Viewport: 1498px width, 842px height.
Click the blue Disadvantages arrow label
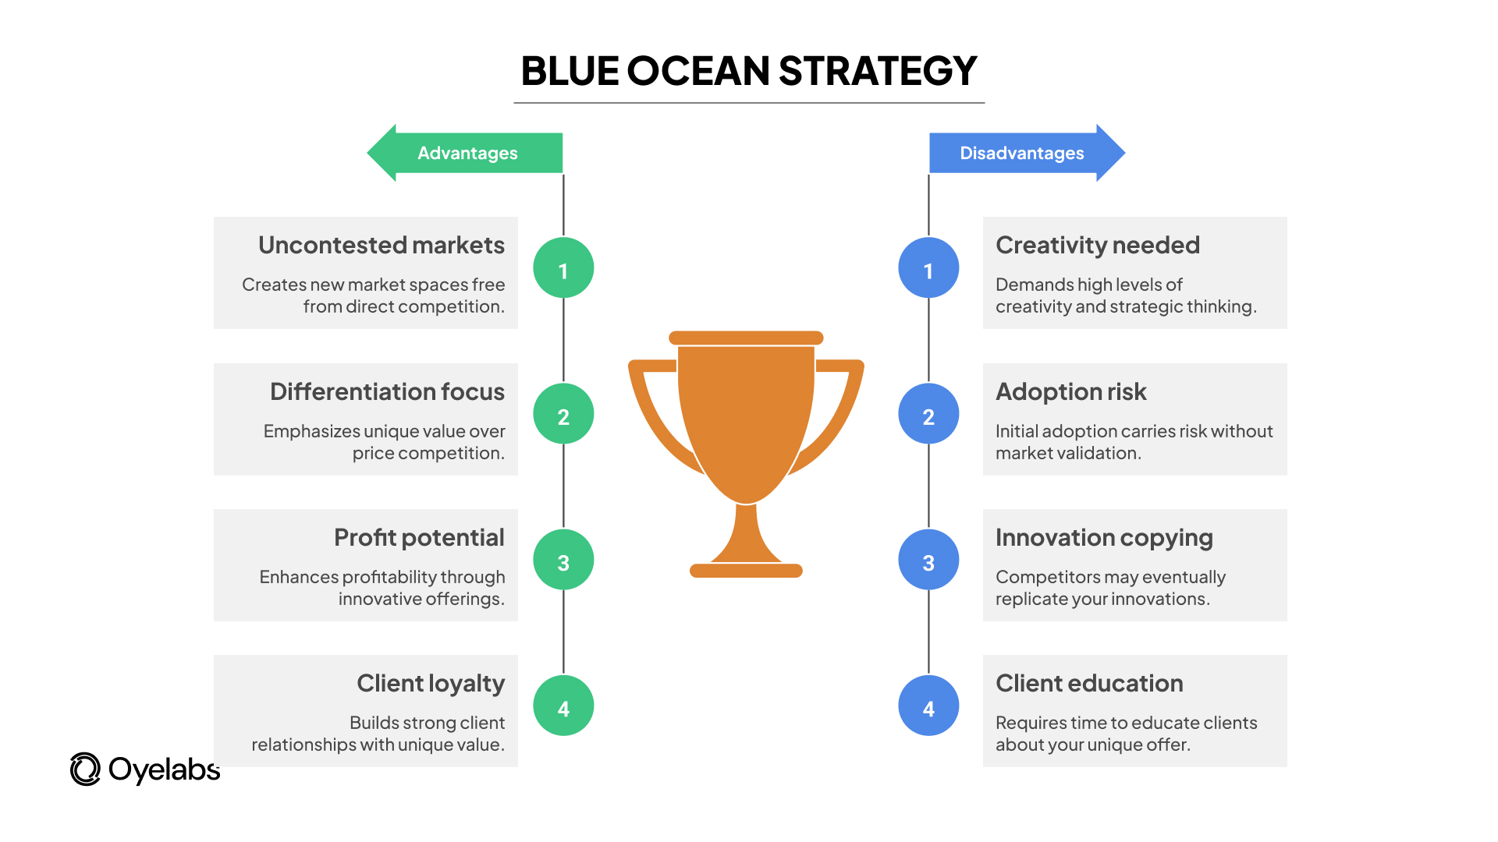(x=1027, y=153)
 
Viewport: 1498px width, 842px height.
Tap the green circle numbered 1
(x=563, y=268)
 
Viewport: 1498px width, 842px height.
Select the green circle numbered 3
(x=563, y=560)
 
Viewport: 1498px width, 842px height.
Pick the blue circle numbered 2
(x=928, y=414)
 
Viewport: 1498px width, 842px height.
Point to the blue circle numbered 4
(x=928, y=706)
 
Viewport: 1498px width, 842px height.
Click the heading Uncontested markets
(x=382, y=246)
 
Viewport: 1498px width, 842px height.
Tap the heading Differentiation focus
(x=387, y=391)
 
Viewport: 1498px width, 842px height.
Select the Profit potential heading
(x=419, y=538)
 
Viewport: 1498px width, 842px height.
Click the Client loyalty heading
(x=431, y=685)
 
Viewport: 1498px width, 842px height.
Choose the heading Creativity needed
(x=1098, y=246)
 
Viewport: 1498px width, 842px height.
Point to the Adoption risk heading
(x=1071, y=392)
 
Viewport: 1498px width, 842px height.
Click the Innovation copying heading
(x=1104, y=539)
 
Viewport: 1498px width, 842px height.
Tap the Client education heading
(x=1089, y=684)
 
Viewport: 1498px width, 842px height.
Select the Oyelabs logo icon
(x=85, y=769)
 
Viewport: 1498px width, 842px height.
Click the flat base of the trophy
(x=746, y=571)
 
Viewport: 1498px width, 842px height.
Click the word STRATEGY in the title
(x=878, y=71)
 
